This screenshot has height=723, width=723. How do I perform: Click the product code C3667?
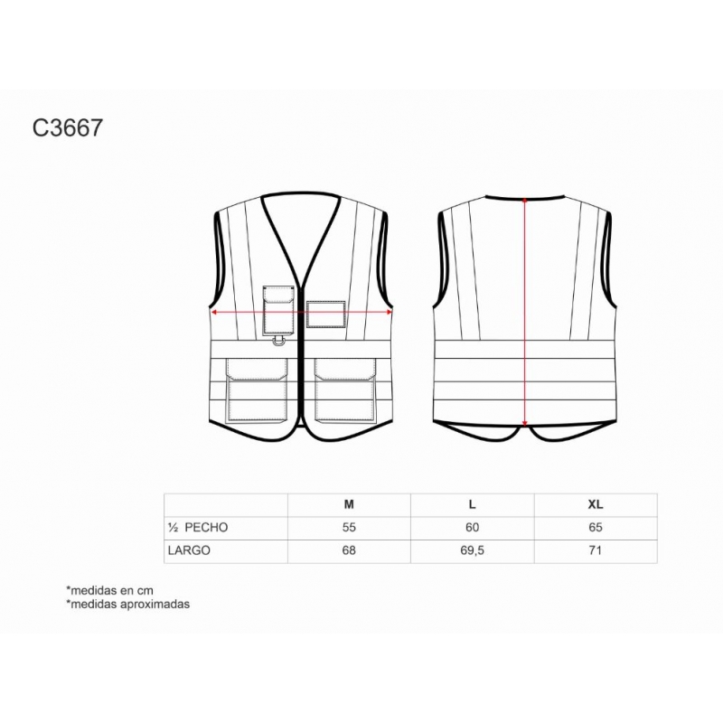point(67,127)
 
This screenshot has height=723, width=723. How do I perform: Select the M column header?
point(349,504)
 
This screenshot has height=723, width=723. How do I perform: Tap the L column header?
point(472,504)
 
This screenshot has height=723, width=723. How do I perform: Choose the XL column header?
point(596,504)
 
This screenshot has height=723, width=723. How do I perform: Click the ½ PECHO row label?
point(198,528)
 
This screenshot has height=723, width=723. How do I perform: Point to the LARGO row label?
point(189,550)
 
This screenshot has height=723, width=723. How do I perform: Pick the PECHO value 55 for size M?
point(349,528)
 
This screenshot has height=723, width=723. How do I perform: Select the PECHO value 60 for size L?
point(472,528)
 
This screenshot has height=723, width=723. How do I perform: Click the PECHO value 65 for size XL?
point(596,528)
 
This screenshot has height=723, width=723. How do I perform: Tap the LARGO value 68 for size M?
point(349,550)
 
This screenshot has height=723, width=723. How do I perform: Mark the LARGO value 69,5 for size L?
point(472,550)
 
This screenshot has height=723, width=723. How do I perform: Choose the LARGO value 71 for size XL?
point(596,550)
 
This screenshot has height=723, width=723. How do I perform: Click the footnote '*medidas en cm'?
point(109,590)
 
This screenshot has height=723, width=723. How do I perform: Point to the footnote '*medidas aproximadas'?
point(128,604)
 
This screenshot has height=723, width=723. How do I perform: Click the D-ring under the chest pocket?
point(279,341)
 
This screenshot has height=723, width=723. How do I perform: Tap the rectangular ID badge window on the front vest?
point(326,315)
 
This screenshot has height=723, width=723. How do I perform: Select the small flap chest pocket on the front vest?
point(279,310)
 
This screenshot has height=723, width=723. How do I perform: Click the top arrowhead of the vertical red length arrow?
point(525,201)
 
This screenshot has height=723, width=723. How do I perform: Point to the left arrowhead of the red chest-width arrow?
point(214,312)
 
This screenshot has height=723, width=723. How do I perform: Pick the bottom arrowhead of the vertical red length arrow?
point(525,423)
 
